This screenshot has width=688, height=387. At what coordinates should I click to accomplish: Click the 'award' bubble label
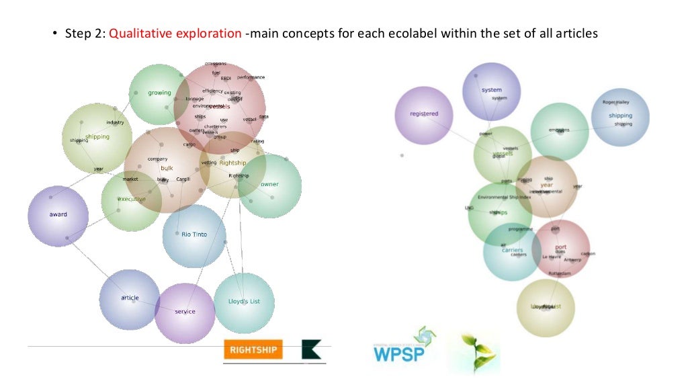pyautogui.click(x=58, y=215)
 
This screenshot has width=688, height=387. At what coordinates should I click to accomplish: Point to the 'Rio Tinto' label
pyautogui.click(x=194, y=234)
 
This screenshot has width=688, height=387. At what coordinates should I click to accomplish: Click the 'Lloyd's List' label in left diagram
pyautogui.click(x=244, y=302)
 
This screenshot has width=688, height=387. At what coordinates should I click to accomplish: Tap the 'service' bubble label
pyautogui.click(x=185, y=312)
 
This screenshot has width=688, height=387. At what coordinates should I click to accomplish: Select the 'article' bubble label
pyautogui.click(x=130, y=298)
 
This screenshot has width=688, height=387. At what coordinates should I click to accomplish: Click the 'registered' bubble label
pyautogui.click(x=424, y=114)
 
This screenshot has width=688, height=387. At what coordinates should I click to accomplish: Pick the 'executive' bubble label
pyautogui.click(x=132, y=199)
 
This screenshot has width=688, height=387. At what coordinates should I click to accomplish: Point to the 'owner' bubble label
pyautogui.click(x=269, y=184)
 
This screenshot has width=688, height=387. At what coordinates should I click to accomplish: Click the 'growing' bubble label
pyautogui.click(x=160, y=93)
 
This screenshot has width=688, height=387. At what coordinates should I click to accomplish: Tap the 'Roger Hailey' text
pyautogui.click(x=616, y=103)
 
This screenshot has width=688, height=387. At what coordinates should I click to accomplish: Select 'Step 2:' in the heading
pyautogui.click(x=85, y=32)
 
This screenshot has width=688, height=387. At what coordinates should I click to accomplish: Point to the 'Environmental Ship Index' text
pyautogui.click(x=504, y=198)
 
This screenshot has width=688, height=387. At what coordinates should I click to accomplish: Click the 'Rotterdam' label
pyautogui.click(x=560, y=274)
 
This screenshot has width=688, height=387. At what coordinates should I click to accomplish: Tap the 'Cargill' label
pyautogui.click(x=183, y=179)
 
